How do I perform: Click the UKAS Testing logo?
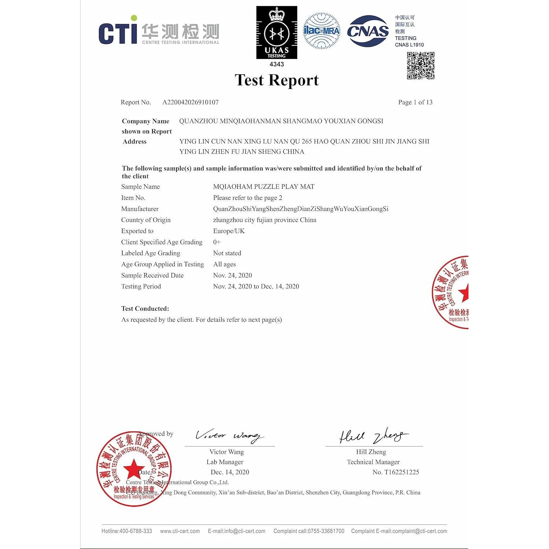(277, 33)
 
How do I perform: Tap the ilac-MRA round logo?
(322, 31)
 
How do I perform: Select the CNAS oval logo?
(367, 31)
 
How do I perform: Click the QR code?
(421, 66)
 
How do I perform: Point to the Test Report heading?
(277, 80)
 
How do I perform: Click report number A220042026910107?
(190, 102)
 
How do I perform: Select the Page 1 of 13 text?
(415, 102)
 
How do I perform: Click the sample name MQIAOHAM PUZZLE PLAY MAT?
(264, 187)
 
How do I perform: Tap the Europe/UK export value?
(229, 231)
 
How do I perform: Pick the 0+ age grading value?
(217, 242)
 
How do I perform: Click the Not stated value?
(227, 253)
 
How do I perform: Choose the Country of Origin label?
(146, 220)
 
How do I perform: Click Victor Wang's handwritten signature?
(229, 436)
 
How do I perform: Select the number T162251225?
(401, 472)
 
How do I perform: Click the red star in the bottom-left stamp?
(133, 469)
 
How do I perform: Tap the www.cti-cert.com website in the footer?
(180, 531)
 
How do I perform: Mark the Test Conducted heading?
(145, 309)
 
